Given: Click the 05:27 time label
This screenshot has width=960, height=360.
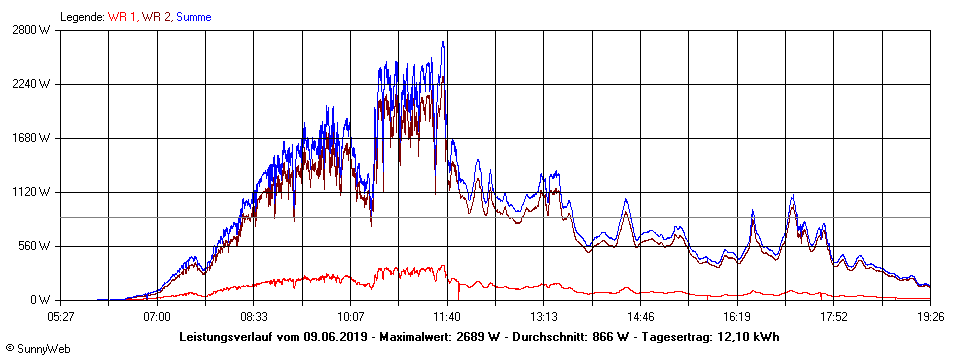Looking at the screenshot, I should click(61, 316).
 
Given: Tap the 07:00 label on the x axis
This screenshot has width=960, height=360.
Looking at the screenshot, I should click(157, 316).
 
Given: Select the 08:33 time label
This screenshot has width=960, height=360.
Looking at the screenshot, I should click(254, 316).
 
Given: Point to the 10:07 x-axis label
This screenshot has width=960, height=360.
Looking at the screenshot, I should click(351, 316).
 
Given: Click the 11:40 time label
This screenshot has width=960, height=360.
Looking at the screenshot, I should click(447, 316).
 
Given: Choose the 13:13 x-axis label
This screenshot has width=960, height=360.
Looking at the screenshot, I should click(544, 316).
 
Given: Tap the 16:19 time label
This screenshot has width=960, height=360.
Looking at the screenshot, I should click(737, 316).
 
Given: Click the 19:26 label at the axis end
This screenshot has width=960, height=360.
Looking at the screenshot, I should click(930, 316).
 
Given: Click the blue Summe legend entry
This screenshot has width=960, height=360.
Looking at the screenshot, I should click(193, 16).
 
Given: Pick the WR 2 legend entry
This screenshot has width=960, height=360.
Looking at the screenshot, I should click(157, 16).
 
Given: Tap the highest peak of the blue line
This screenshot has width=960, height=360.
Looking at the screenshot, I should click(443, 43).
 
